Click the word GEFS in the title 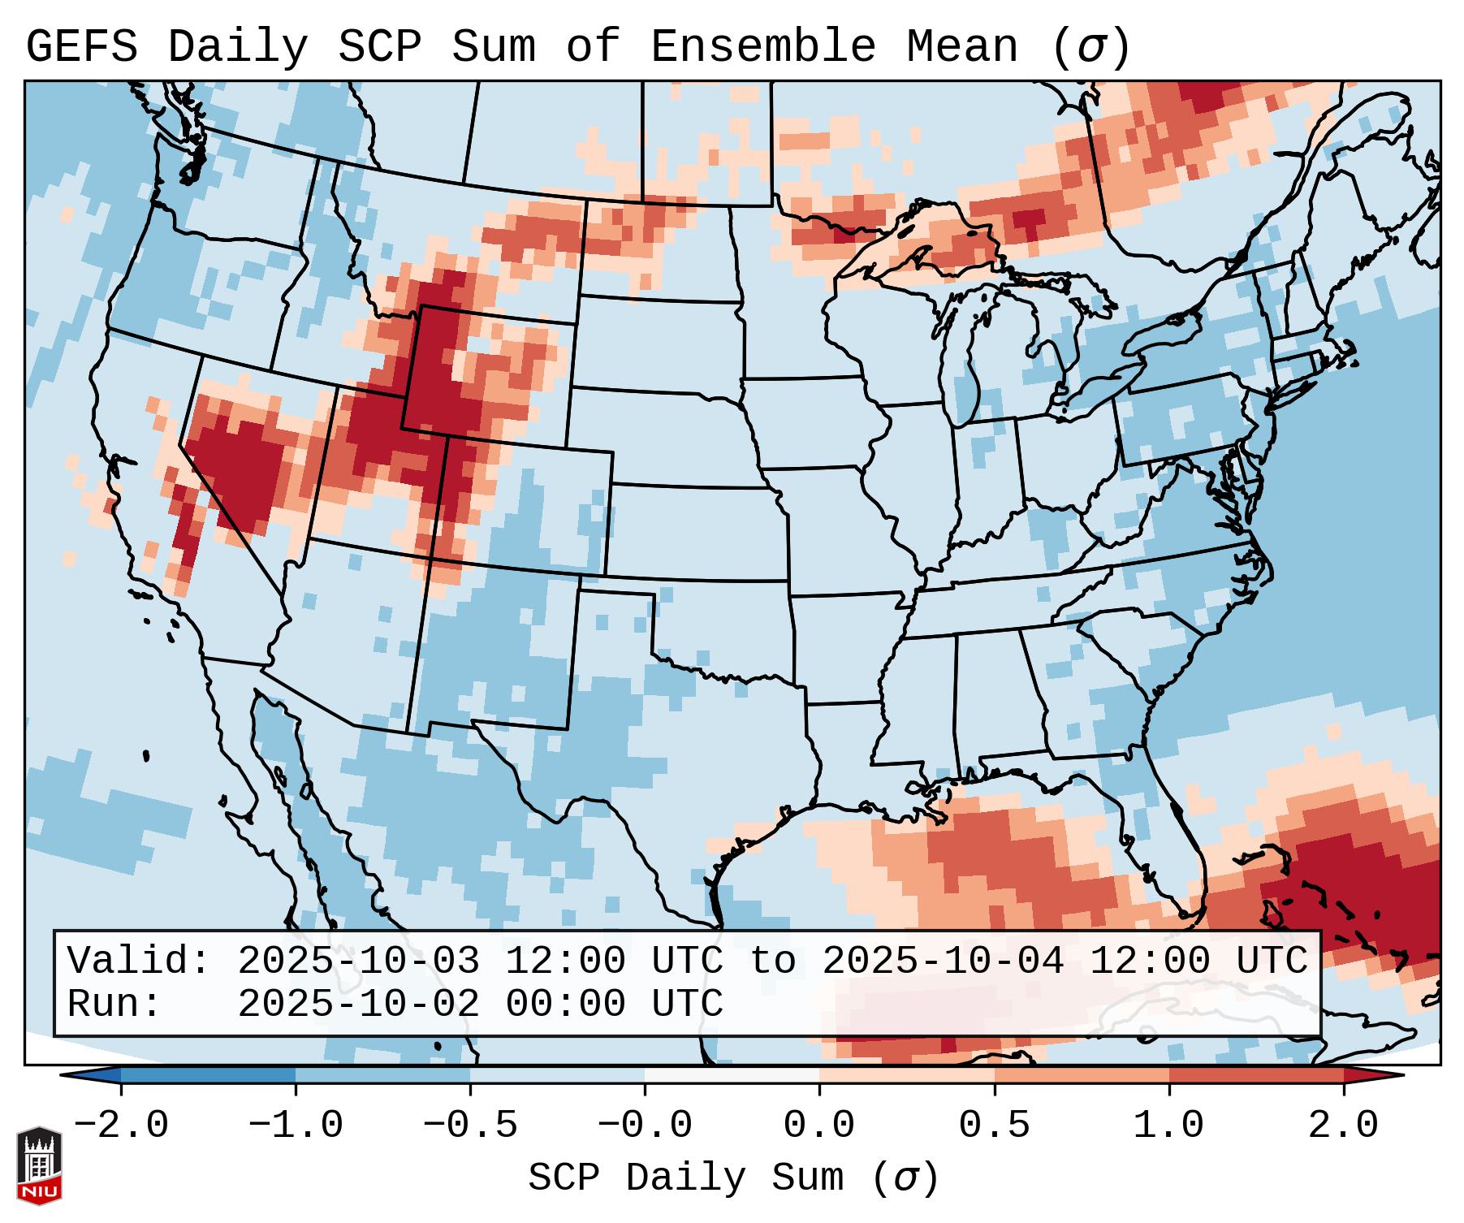[x=82, y=47]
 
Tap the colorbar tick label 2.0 [x=1343, y=1126]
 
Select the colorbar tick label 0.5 [x=994, y=1126]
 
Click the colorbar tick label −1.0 [x=295, y=1126]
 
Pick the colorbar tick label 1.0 [x=1168, y=1126]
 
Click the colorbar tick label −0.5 [x=469, y=1126]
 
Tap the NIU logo [x=39, y=1165]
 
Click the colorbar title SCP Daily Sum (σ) [x=733, y=1178]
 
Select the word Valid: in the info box [x=139, y=962]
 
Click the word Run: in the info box [x=114, y=1005]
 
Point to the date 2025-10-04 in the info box [x=943, y=962]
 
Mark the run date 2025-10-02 [x=358, y=1005]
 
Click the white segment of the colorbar [x=732, y=1075]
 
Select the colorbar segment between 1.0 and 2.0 [x=1255, y=1075]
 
